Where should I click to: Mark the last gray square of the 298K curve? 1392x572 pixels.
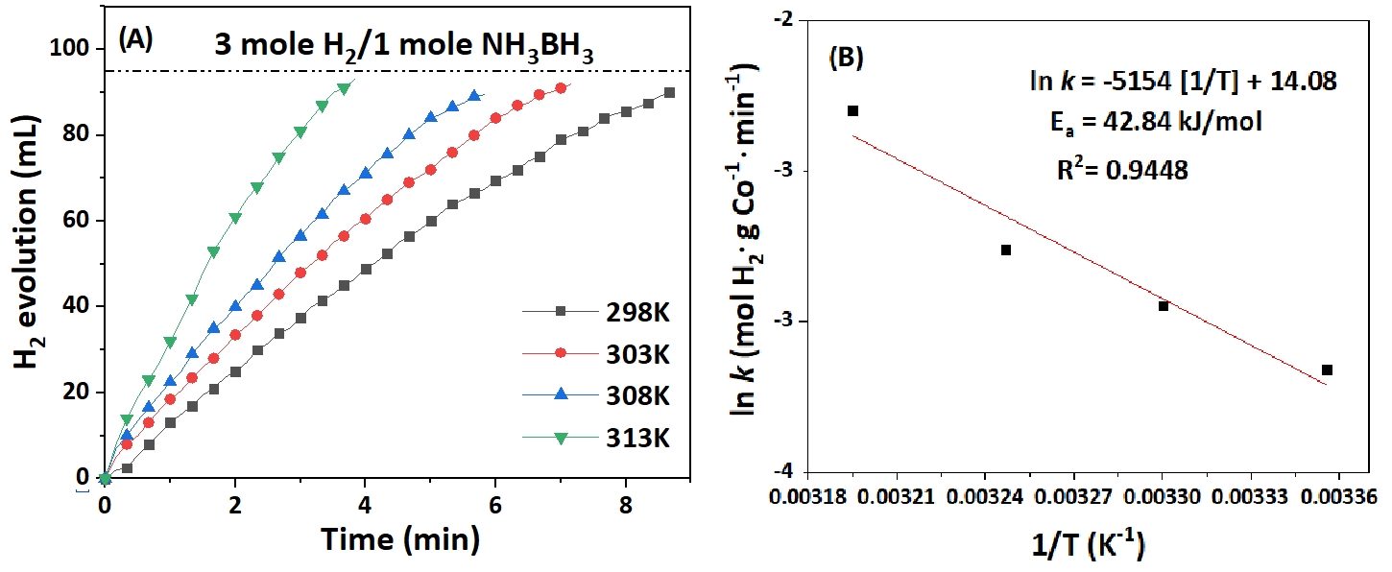click(x=669, y=93)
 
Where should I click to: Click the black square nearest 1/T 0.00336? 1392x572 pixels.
click(x=1327, y=369)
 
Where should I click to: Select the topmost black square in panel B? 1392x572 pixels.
click(x=852, y=111)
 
